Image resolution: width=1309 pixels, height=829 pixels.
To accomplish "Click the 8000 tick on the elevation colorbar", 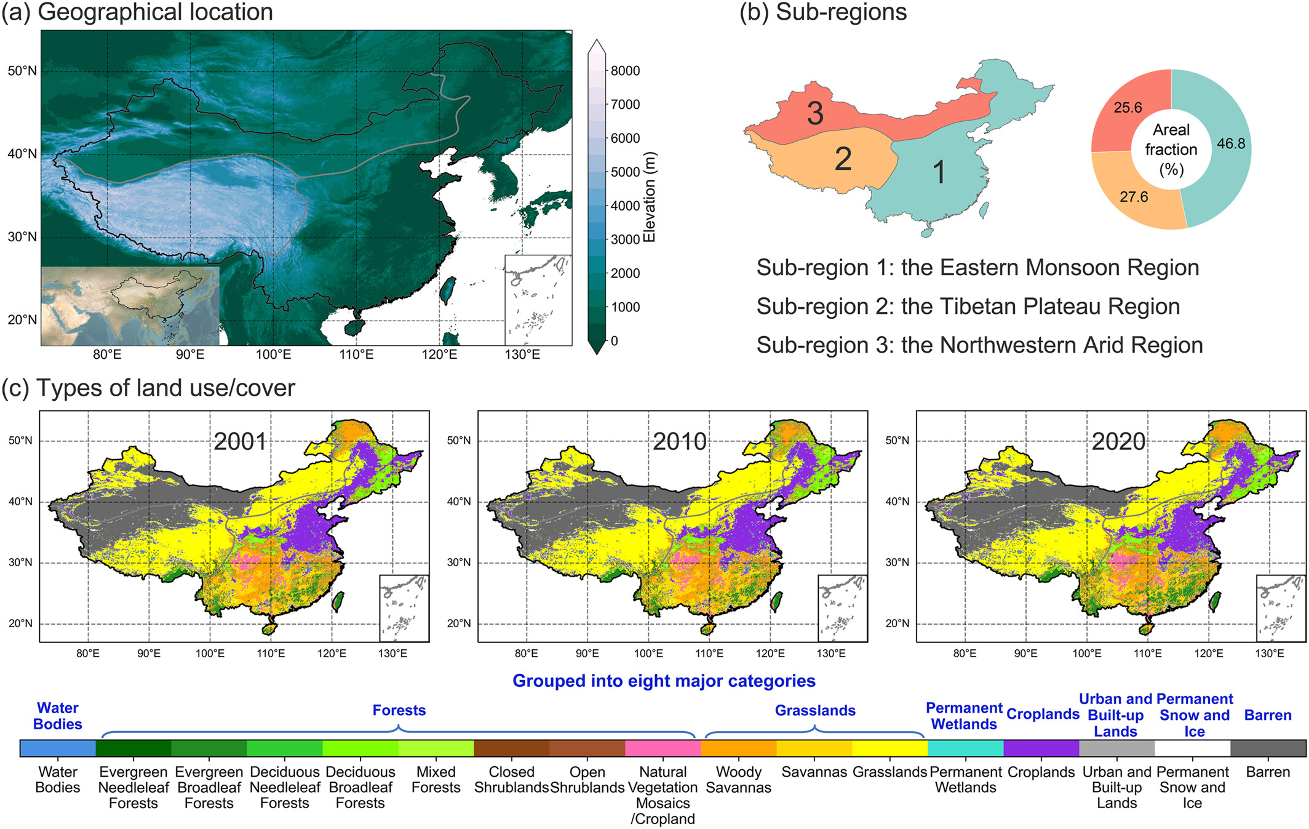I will (x=624, y=71).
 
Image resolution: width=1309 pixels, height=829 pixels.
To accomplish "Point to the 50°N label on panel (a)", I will (x=22, y=71).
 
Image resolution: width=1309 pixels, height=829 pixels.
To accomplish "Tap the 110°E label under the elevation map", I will (x=356, y=354).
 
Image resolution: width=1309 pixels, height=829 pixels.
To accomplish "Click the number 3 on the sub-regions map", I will (x=814, y=113).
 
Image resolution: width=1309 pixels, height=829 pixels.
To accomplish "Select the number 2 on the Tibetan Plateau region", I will (x=843, y=159).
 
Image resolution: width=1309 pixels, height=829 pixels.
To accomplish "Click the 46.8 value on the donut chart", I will (x=1231, y=143).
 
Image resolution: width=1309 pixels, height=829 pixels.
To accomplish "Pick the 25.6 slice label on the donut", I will (x=1128, y=108).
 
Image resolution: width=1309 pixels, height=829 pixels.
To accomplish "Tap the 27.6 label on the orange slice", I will (x=1134, y=197).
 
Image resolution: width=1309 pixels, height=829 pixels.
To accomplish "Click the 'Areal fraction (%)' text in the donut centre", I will (x=1171, y=150).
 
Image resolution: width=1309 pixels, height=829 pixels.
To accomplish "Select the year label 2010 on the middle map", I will (x=679, y=442).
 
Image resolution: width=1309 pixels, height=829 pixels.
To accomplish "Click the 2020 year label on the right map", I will (x=1118, y=442).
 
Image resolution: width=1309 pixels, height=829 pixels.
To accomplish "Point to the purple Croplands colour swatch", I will (x=1041, y=748).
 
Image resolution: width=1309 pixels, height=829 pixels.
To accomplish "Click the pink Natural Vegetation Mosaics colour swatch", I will (x=662, y=748).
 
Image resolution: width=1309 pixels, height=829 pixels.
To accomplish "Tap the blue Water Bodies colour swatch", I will (x=58, y=748).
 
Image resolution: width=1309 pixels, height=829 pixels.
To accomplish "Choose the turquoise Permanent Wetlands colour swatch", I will (x=965, y=748).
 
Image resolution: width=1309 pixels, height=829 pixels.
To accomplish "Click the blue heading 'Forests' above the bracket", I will (x=399, y=711).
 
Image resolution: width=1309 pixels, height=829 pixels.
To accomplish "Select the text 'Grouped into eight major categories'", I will (x=664, y=681).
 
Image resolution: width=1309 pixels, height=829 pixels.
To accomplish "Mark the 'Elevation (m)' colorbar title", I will (x=650, y=197).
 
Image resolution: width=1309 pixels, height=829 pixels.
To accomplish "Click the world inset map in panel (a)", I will (x=130, y=306).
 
